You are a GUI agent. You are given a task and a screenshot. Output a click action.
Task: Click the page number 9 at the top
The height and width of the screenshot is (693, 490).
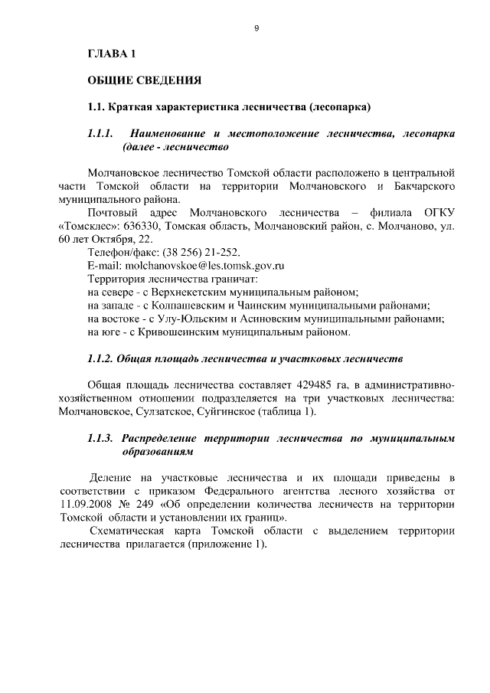[x=256, y=28]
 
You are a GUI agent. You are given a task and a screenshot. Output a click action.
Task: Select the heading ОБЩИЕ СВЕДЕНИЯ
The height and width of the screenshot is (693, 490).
[x=145, y=80]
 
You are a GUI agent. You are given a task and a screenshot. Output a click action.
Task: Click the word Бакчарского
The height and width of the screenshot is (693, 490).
[x=426, y=185]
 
